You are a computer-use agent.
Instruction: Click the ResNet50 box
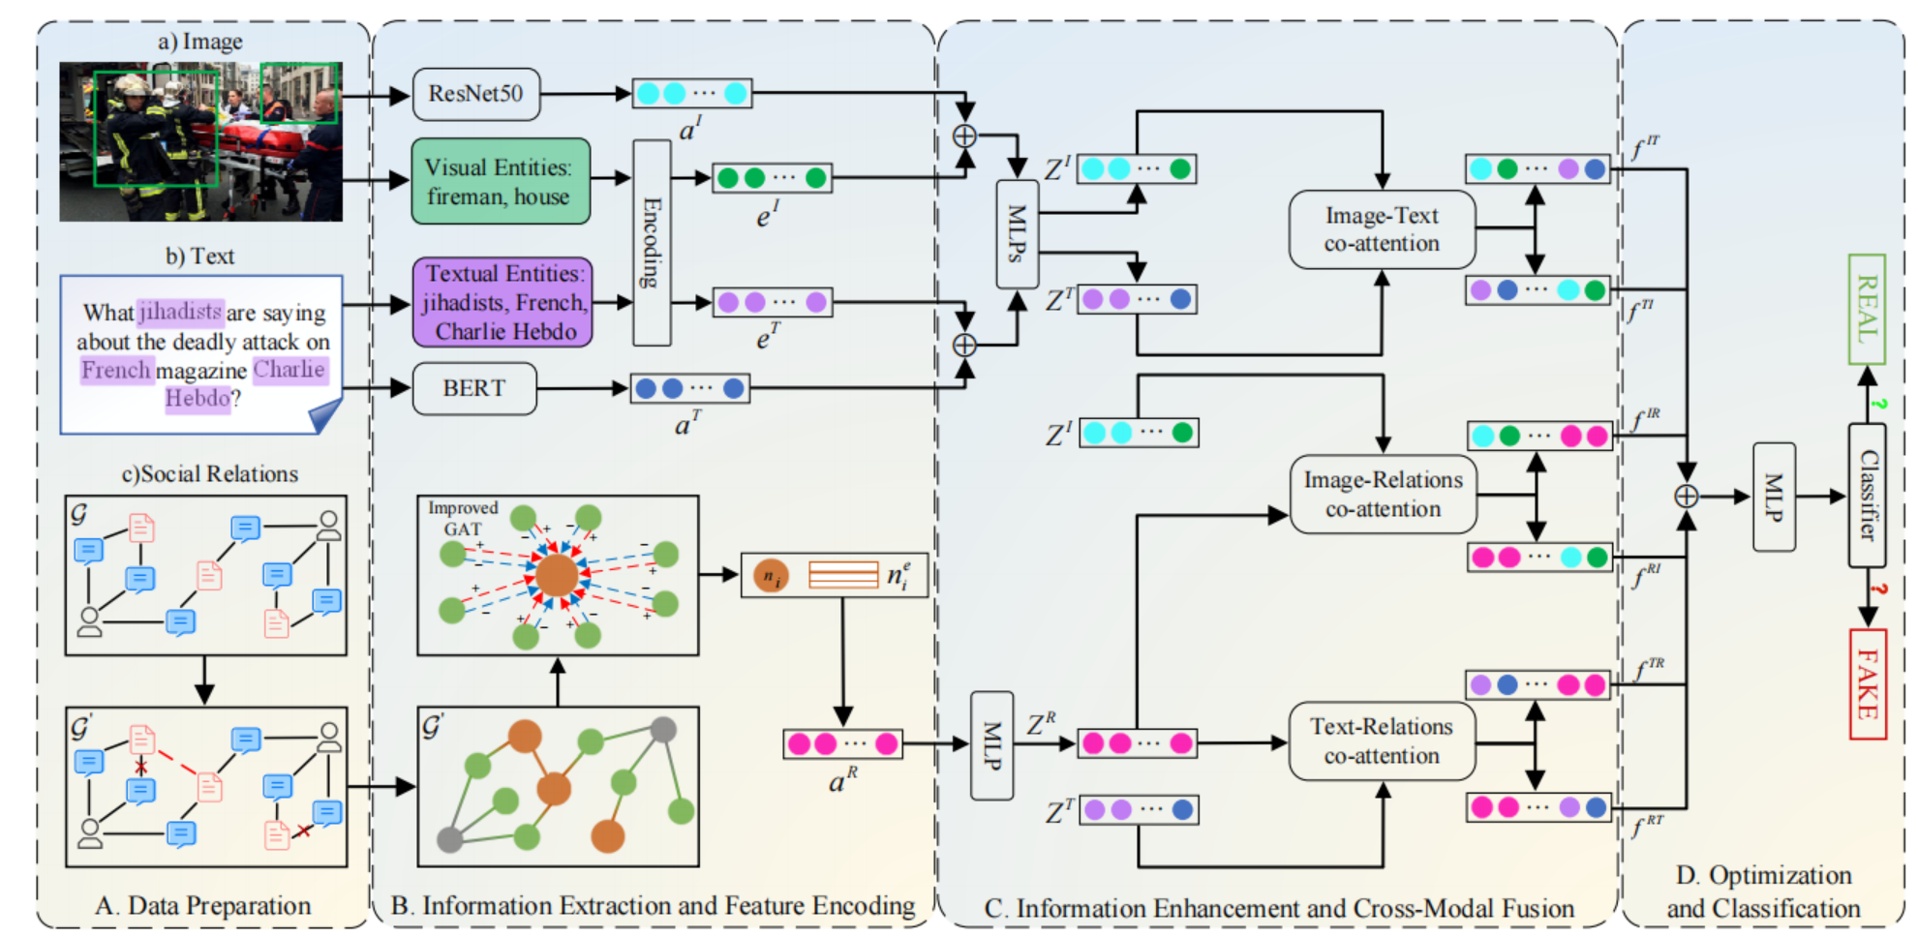pos(475,94)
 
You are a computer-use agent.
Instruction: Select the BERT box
pos(474,388)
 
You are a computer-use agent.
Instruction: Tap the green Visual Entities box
pos(500,181)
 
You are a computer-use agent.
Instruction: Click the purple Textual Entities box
pos(502,302)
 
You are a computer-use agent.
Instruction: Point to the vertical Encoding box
pos(652,242)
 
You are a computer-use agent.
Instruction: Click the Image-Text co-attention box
pos(1382,229)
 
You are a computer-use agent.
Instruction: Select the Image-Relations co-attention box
pos(1383,494)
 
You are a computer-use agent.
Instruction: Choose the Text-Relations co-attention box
pos(1382,741)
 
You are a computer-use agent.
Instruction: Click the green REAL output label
pos(1866,309)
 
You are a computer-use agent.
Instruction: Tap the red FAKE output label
pos(1867,683)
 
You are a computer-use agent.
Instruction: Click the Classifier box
pos(1867,495)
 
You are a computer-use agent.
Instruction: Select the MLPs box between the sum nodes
pos(1017,233)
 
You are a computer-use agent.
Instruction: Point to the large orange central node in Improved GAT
pos(557,575)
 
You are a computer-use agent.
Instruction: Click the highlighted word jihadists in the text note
pos(180,312)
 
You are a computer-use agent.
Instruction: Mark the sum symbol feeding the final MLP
pos(1686,496)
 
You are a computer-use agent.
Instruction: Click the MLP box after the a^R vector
pos(991,744)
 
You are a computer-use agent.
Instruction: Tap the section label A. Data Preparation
pos(203,905)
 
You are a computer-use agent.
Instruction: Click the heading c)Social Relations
pos(209,473)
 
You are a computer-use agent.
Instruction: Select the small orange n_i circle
pos(771,576)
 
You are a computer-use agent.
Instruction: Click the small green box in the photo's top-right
pos(299,93)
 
